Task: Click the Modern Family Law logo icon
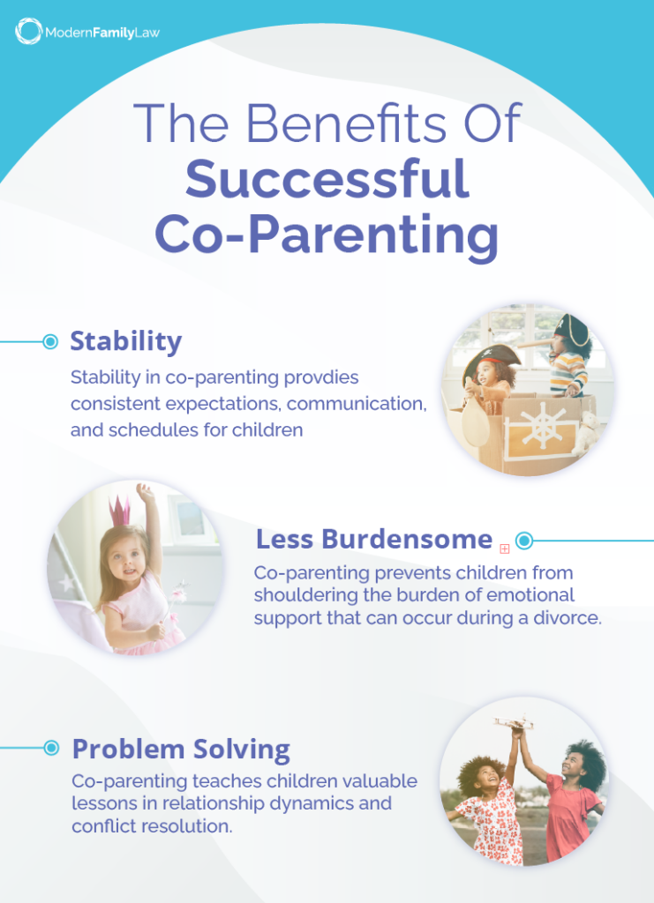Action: [x=28, y=32]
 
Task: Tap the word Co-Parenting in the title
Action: [x=327, y=234]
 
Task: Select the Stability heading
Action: [x=126, y=341]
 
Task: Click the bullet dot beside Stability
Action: [x=50, y=341]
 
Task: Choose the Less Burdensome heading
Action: [x=373, y=539]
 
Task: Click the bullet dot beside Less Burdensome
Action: [x=523, y=540]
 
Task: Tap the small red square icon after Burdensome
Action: [x=505, y=548]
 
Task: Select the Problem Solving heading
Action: [x=181, y=749]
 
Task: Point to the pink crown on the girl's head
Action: [x=120, y=509]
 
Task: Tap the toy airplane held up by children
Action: [x=515, y=723]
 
